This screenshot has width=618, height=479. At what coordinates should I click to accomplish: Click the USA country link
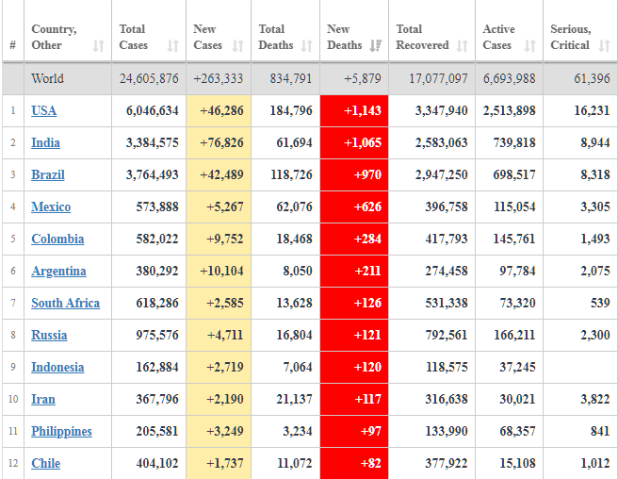point(43,110)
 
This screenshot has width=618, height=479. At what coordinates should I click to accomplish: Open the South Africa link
point(65,303)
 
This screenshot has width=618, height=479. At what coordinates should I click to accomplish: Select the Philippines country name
point(61,431)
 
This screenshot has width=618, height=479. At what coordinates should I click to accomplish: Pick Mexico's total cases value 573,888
point(152,206)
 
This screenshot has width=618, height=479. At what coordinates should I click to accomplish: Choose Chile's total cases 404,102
point(152,463)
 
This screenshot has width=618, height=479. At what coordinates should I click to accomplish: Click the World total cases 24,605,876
point(149,78)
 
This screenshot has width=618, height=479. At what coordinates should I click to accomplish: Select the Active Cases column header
point(499,37)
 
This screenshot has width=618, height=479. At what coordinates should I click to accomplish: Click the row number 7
point(13,303)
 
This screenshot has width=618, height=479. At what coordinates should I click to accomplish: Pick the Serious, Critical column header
point(571,37)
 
